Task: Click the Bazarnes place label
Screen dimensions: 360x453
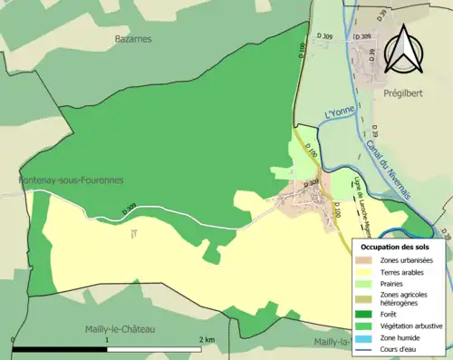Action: click(133, 39)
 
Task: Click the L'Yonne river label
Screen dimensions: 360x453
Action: click(336, 116)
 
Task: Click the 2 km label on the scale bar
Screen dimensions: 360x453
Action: click(207, 339)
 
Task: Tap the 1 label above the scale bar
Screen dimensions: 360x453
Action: click(108, 339)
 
